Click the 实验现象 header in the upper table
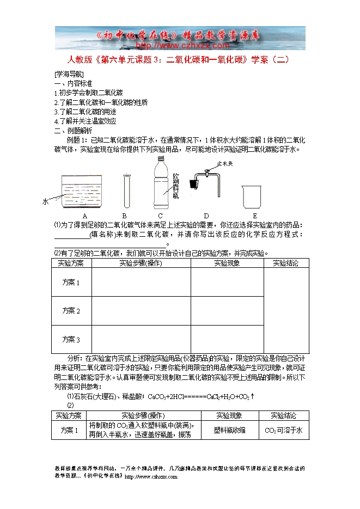click(227, 263)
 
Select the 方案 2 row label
click(71, 311)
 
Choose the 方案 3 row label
click(71, 340)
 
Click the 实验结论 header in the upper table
click(286, 263)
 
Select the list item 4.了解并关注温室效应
click(86, 121)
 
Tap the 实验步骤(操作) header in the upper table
click(141, 263)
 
